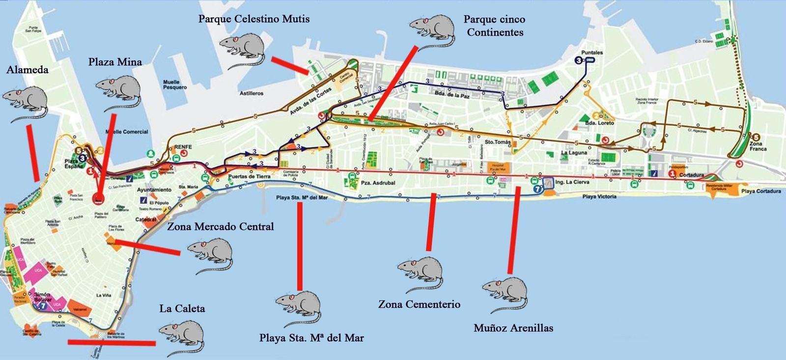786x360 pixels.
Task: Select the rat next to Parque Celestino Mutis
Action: coord(242,48)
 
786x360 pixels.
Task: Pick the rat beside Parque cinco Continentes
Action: coord(432,29)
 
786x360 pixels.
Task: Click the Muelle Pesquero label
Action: coord(175,84)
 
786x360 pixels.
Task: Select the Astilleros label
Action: coord(252,93)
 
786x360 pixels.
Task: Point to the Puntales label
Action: coord(592,53)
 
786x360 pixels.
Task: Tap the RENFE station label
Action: coord(183,147)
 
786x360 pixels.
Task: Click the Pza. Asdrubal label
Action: coord(378,183)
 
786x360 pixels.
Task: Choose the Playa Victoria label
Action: coord(599,196)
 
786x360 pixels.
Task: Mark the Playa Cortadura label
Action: coord(761,191)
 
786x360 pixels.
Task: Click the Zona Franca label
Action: coord(758,146)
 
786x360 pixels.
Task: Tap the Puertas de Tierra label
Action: coord(249,176)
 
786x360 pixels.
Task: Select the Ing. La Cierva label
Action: coord(572,182)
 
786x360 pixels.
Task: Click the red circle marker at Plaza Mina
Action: coord(99,198)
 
